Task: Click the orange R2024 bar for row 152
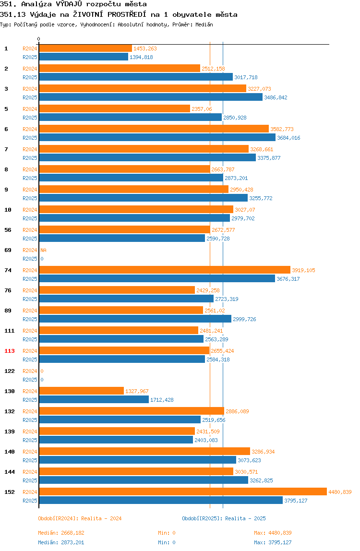[x=183, y=491]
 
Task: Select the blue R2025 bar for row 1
[x=84, y=57]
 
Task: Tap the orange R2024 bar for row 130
[x=82, y=391]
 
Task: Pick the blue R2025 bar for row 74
[x=157, y=279]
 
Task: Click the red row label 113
[x=10, y=351]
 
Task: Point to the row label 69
[x=8, y=250]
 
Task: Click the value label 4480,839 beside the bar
[x=340, y=492]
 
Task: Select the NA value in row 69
[x=43, y=250]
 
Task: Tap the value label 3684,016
[x=288, y=138]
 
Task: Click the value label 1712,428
[x=162, y=400]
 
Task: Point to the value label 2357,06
[x=202, y=109]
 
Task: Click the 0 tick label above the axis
[x=39, y=39]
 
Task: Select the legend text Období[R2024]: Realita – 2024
[x=80, y=518]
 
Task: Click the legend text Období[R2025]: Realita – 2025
[x=224, y=518]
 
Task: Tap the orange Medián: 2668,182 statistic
[x=61, y=533]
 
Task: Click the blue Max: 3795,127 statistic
[x=273, y=542]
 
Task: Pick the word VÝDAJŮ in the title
[x=69, y=4]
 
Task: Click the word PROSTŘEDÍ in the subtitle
[x=127, y=14]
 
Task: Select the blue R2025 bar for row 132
[x=120, y=419]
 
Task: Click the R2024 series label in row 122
[x=30, y=371]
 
